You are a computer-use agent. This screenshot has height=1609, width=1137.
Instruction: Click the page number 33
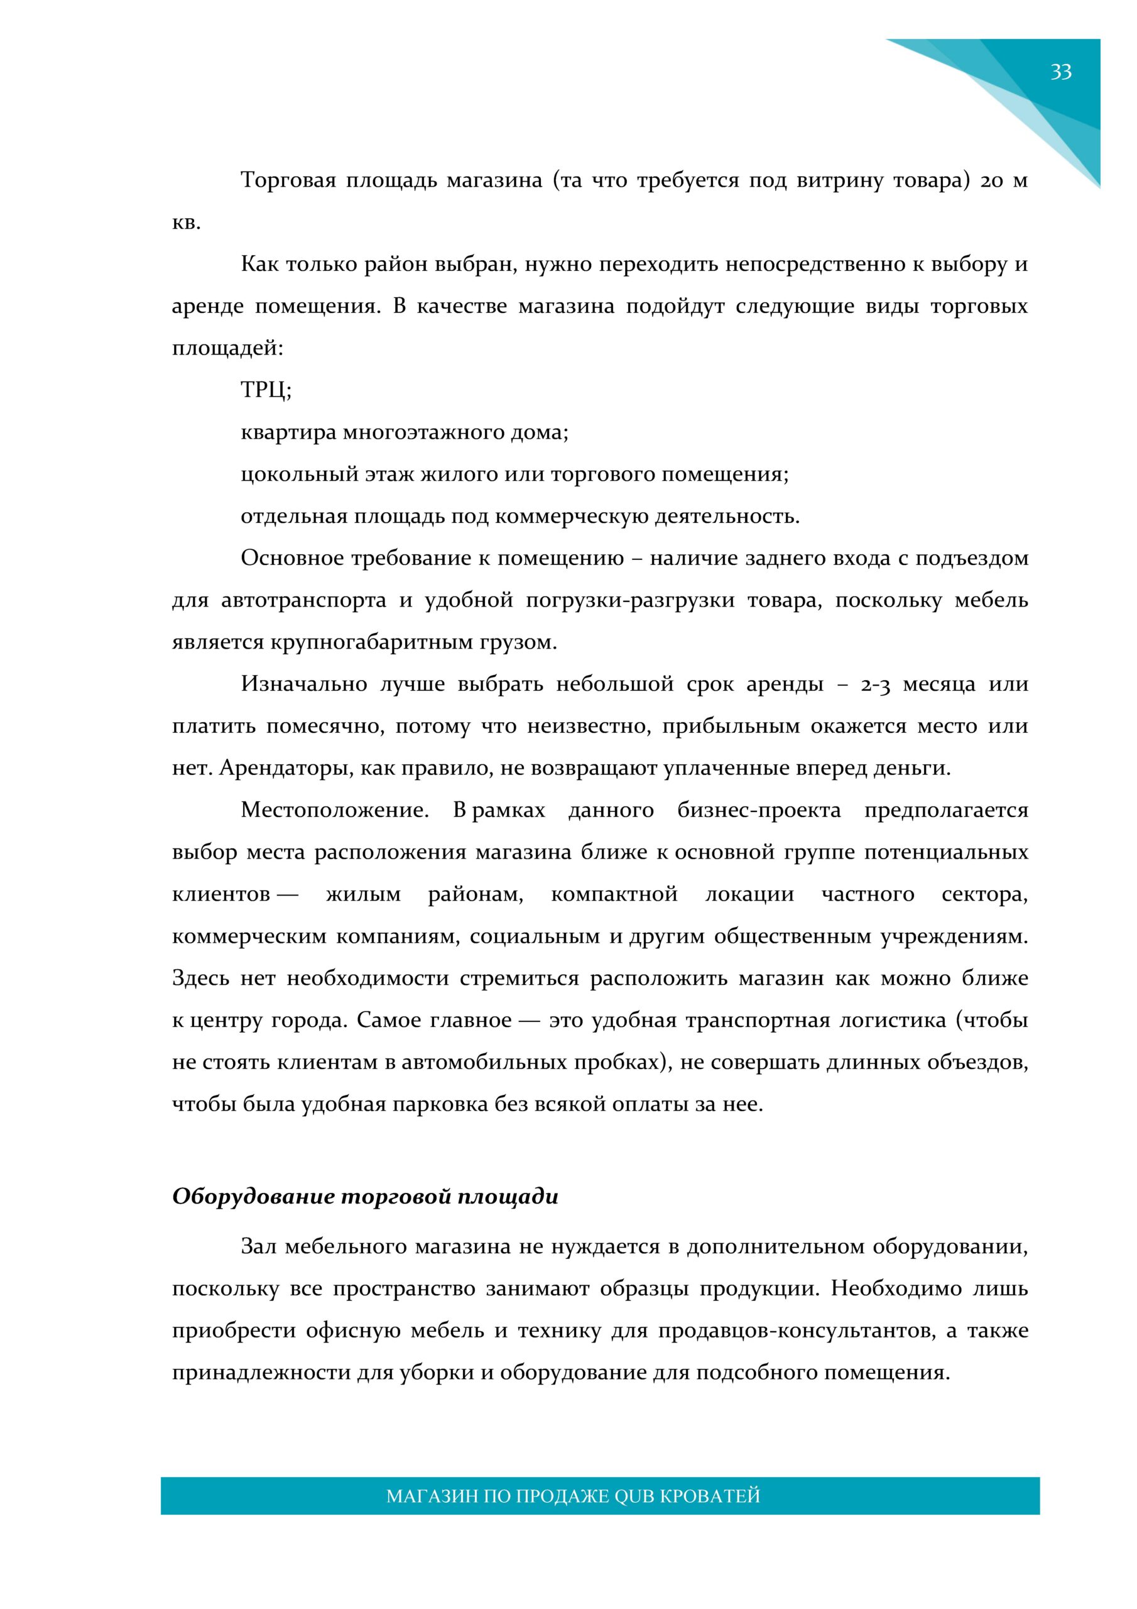click(x=1060, y=72)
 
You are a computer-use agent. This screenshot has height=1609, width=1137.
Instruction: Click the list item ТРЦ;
click(x=266, y=390)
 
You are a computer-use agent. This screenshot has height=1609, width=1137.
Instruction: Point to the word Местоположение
click(x=334, y=811)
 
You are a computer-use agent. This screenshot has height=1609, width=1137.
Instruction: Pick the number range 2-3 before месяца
click(x=875, y=684)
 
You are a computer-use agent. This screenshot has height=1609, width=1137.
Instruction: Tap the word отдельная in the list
click(x=293, y=517)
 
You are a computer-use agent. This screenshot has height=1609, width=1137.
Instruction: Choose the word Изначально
click(x=303, y=684)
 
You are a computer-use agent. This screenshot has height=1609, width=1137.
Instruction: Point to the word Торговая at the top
click(x=286, y=181)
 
